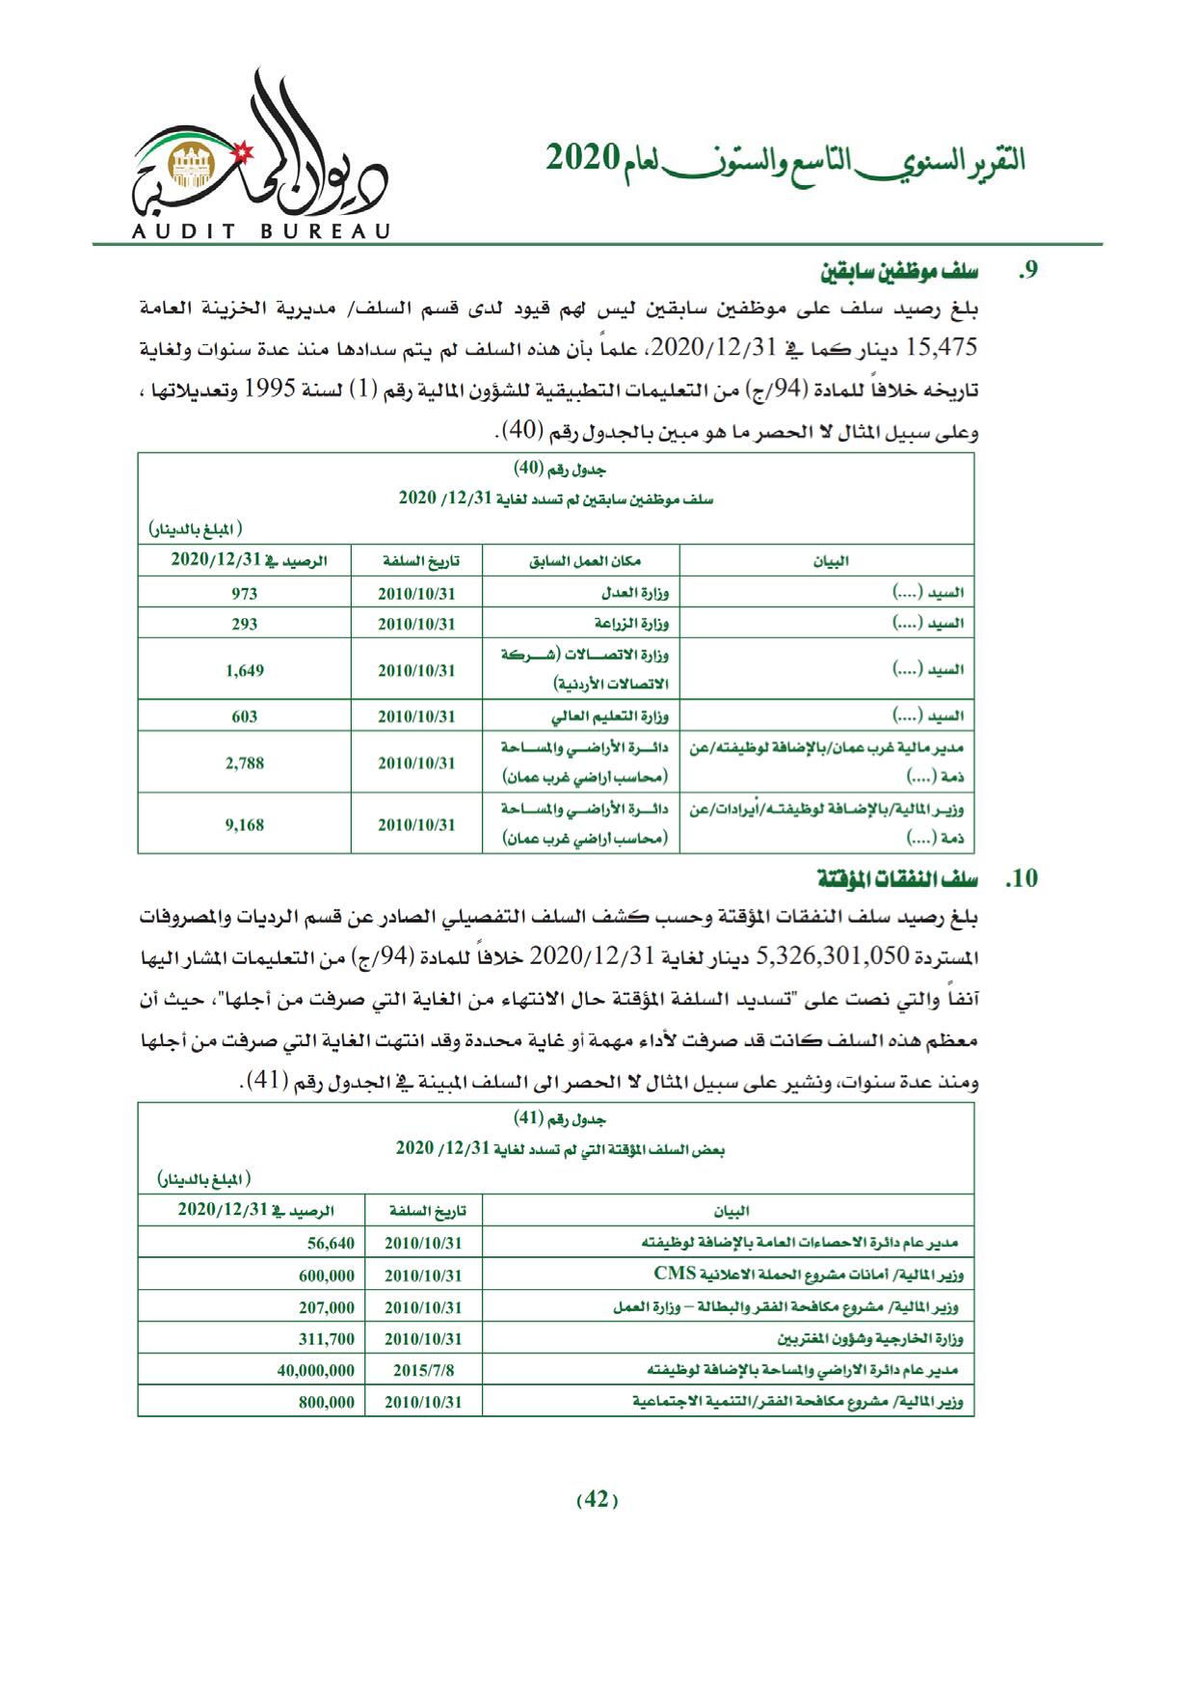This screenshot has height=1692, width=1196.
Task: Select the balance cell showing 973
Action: [245, 593]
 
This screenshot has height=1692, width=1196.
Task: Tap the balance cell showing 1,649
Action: [245, 670]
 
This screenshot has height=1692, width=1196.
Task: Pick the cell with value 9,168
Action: [245, 824]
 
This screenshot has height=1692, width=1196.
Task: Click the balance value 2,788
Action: [245, 763]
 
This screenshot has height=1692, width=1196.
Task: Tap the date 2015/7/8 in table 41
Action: [423, 1369]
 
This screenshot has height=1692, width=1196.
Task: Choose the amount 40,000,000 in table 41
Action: [315, 1369]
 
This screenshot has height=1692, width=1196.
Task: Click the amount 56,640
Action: [332, 1244]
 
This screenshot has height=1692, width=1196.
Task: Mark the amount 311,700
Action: [326, 1338]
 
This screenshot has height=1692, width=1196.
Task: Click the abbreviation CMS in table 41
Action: [675, 1274]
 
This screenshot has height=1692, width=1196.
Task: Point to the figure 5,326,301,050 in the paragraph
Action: [834, 955]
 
